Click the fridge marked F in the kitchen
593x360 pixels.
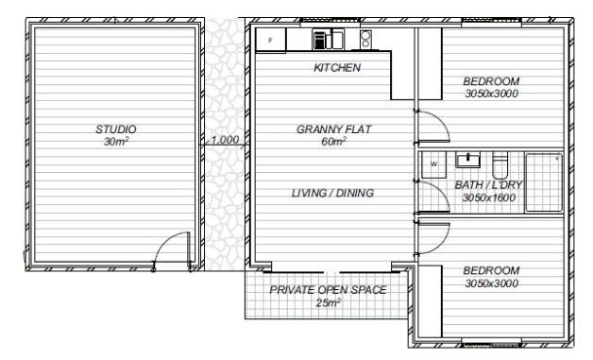(271, 40)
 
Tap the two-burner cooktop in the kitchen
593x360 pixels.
(365, 40)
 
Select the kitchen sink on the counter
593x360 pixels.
(329, 40)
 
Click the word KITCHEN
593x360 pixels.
(337, 68)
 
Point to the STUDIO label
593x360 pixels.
(116, 129)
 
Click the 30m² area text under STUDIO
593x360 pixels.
(116, 142)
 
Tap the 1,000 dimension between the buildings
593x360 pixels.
(225, 140)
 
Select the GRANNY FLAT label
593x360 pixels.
(333, 129)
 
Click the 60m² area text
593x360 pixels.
(333, 142)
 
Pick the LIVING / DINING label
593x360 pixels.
(332, 193)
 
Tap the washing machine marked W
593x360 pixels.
(433, 164)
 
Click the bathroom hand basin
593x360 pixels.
(467, 160)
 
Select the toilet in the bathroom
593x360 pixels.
(500, 165)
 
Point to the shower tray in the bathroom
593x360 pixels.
(544, 182)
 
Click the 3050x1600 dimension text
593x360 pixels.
(488, 197)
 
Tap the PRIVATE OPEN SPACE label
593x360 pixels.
(328, 290)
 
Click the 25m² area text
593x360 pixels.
(329, 303)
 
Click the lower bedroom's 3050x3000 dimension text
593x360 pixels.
(491, 283)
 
